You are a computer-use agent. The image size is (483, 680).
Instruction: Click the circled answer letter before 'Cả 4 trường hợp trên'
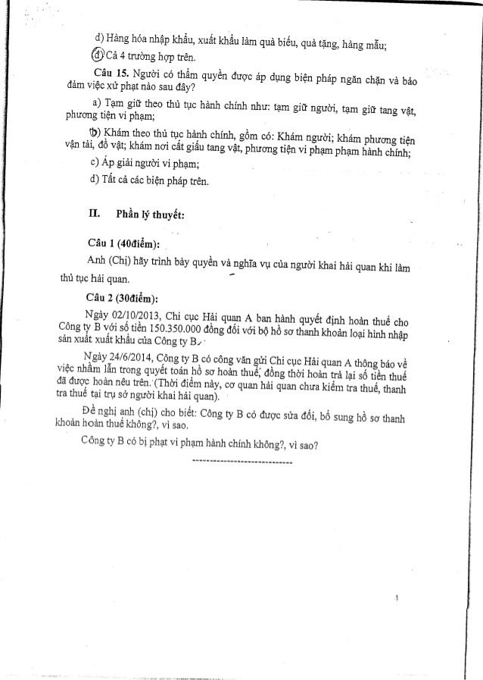click(97, 58)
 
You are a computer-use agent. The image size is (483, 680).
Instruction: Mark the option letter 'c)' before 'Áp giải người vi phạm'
click(95, 164)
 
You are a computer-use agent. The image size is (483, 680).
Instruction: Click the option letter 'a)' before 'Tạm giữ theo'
click(96, 102)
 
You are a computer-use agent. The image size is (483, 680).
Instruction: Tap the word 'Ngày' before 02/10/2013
click(100, 312)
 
